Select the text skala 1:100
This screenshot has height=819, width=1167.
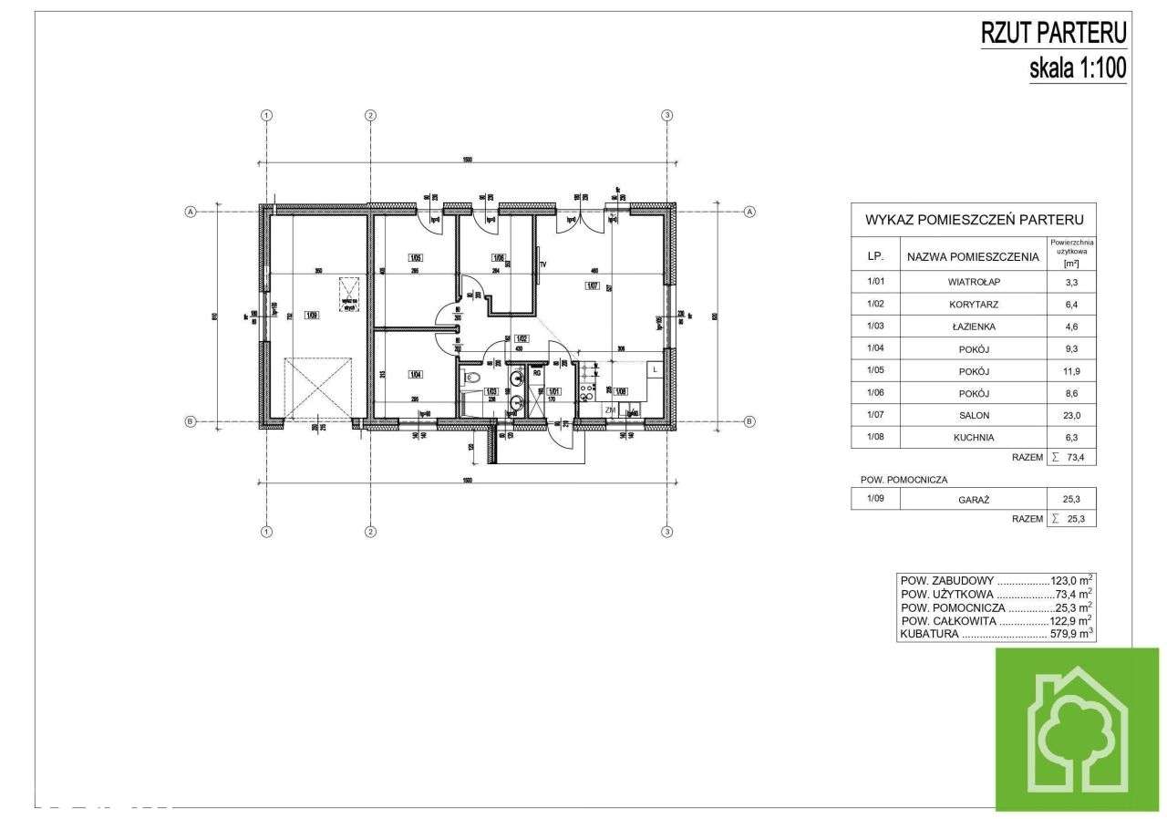click(x=1078, y=67)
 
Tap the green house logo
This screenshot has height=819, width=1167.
click(x=1077, y=729)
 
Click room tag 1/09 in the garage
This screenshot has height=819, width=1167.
click(x=312, y=316)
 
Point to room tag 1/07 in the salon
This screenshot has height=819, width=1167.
click(x=592, y=286)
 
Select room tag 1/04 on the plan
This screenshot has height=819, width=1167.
click(x=415, y=374)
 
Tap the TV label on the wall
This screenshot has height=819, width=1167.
click(x=542, y=264)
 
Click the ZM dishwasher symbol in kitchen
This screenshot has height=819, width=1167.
click(x=610, y=411)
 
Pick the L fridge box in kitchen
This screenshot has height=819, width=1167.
click(x=655, y=368)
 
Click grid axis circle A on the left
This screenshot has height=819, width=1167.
click(x=191, y=212)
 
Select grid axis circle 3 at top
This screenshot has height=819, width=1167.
click(x=667, y=115)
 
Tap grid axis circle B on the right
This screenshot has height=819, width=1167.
click(x=749, y=421)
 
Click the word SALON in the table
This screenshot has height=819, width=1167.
click(x=973, y=415)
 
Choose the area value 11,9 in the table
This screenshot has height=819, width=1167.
click(x=1071, y=371)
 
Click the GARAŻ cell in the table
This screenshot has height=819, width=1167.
click(x=973, y=499)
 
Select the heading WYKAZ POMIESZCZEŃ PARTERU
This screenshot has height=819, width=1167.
click(x=973, y=220)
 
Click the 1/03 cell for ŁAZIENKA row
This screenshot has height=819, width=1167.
click(x=875, y=327)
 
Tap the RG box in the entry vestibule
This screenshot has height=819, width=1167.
click(x=537, y=372)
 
